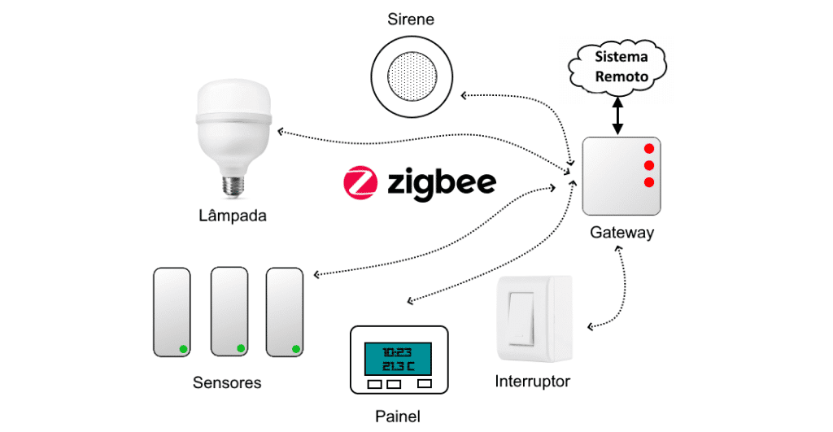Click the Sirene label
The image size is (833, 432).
point(410,20)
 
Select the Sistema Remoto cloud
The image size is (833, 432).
point(621,68)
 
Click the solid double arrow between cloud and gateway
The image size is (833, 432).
point(619,115)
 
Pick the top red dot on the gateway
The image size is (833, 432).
point(648,149)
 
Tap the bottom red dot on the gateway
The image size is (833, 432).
point(648,181)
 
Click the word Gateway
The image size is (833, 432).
point(621,233)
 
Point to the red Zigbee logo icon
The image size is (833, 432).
point(360,182)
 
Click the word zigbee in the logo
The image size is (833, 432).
point(442,182)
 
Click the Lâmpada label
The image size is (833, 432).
point(233,216)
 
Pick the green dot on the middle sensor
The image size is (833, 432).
point(240,348)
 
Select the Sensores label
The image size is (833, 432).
point(227,382)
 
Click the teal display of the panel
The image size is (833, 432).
point(398,358)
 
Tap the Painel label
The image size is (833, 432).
point(398,417)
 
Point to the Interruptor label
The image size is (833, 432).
point(533,381)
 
